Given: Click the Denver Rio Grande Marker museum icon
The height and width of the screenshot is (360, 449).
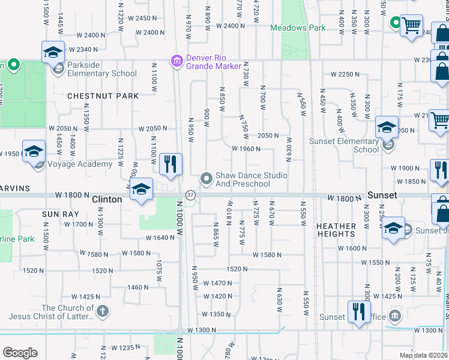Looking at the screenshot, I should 176,61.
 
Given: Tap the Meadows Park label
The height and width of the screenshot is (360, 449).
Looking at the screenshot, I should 298,28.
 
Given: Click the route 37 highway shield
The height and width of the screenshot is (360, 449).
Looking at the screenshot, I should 190,195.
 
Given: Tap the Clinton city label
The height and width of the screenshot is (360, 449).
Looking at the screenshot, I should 107,199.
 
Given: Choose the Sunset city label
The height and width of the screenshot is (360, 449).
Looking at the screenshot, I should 382,196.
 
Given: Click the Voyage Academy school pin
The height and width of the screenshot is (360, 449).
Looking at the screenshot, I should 34,151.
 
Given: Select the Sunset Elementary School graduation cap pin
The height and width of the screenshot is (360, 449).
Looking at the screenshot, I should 387,127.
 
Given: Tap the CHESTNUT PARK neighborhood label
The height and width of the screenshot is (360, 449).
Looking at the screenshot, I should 103,96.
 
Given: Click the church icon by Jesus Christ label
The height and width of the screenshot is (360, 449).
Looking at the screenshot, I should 103,311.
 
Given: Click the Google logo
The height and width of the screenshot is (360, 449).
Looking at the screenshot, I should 20,353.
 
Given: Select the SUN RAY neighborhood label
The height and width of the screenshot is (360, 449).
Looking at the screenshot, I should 58,214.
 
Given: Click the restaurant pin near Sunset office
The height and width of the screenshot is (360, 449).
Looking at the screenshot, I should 359,311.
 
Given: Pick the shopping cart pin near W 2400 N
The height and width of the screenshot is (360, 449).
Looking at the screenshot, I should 411,25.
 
